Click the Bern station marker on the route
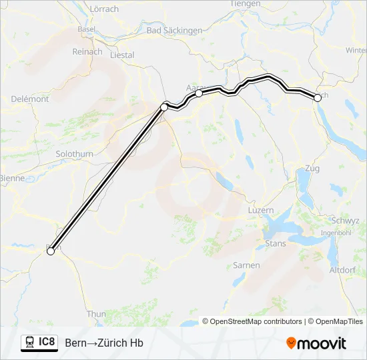51,251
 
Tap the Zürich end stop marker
317,98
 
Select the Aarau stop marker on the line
199,93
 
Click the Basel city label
86,29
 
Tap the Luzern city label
260,210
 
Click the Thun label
96,313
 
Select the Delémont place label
30,99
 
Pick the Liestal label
121,55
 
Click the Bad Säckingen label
174,30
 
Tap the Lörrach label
103,9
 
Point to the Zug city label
312,169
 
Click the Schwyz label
345,221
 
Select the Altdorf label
343,269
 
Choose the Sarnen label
246,265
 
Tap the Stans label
276,243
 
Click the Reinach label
87,51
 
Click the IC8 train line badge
39,342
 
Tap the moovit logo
316,343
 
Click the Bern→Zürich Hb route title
104,343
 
